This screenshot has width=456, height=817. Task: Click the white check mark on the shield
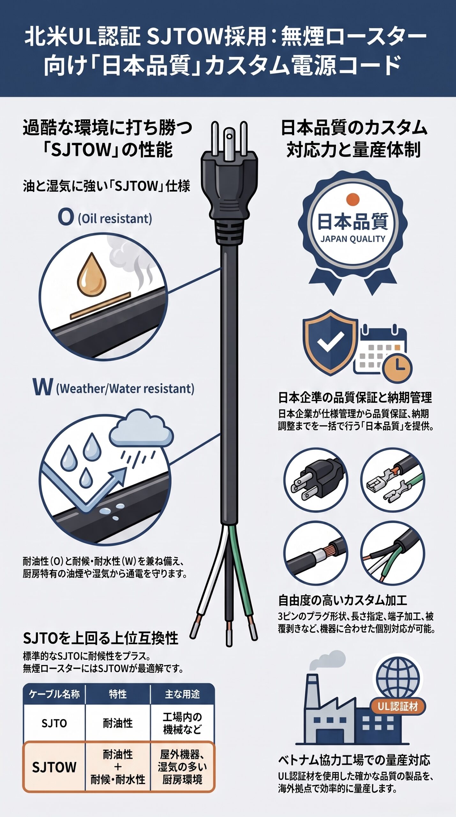[330, 341]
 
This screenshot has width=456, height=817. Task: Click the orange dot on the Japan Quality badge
[353, 199]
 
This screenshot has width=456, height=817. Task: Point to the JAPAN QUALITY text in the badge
[353, 239]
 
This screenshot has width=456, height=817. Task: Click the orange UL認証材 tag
[398, 707]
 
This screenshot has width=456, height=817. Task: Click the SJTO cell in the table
[54, 723]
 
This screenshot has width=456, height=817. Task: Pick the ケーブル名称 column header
[54, 694]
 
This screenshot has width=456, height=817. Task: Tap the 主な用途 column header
[182, 694]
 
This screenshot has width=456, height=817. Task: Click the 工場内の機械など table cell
[182, 723]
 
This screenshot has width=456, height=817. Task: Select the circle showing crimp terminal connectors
[393, 480]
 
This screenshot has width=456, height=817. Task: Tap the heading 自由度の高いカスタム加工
[343, 600]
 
